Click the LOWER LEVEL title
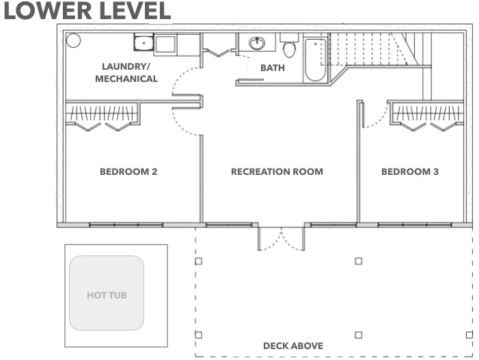86,11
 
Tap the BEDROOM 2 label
128,171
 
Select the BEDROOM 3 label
410,171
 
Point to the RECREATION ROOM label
277,171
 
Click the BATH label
273,68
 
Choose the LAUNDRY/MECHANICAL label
126,72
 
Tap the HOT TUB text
107,296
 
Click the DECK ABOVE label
293,346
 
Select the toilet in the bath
289,49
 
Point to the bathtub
316,59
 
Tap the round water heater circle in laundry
72,40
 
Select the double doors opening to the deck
281,239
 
